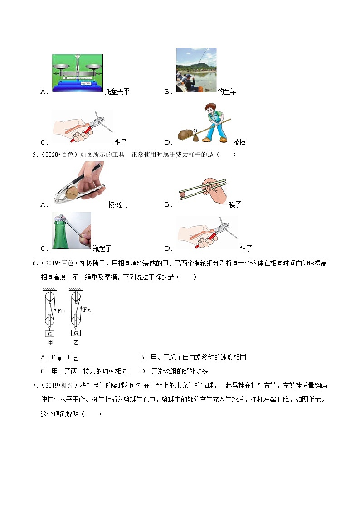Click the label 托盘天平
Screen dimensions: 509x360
coord(117,92)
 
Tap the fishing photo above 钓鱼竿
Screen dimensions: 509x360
coord(196,70)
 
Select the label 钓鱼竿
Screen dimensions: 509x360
coord(227,92)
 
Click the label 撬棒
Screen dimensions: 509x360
coord(239,142)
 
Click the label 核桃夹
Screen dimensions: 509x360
coord(118,204)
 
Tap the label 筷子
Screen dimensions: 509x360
coord(235,204)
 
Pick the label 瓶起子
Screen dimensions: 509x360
coord(102,248)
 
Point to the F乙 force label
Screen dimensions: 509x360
coord(86,310)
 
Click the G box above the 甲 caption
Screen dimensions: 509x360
coord(49,334)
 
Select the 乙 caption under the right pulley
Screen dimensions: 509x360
coord(75,343)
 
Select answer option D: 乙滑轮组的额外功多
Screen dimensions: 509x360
coord(174,371)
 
